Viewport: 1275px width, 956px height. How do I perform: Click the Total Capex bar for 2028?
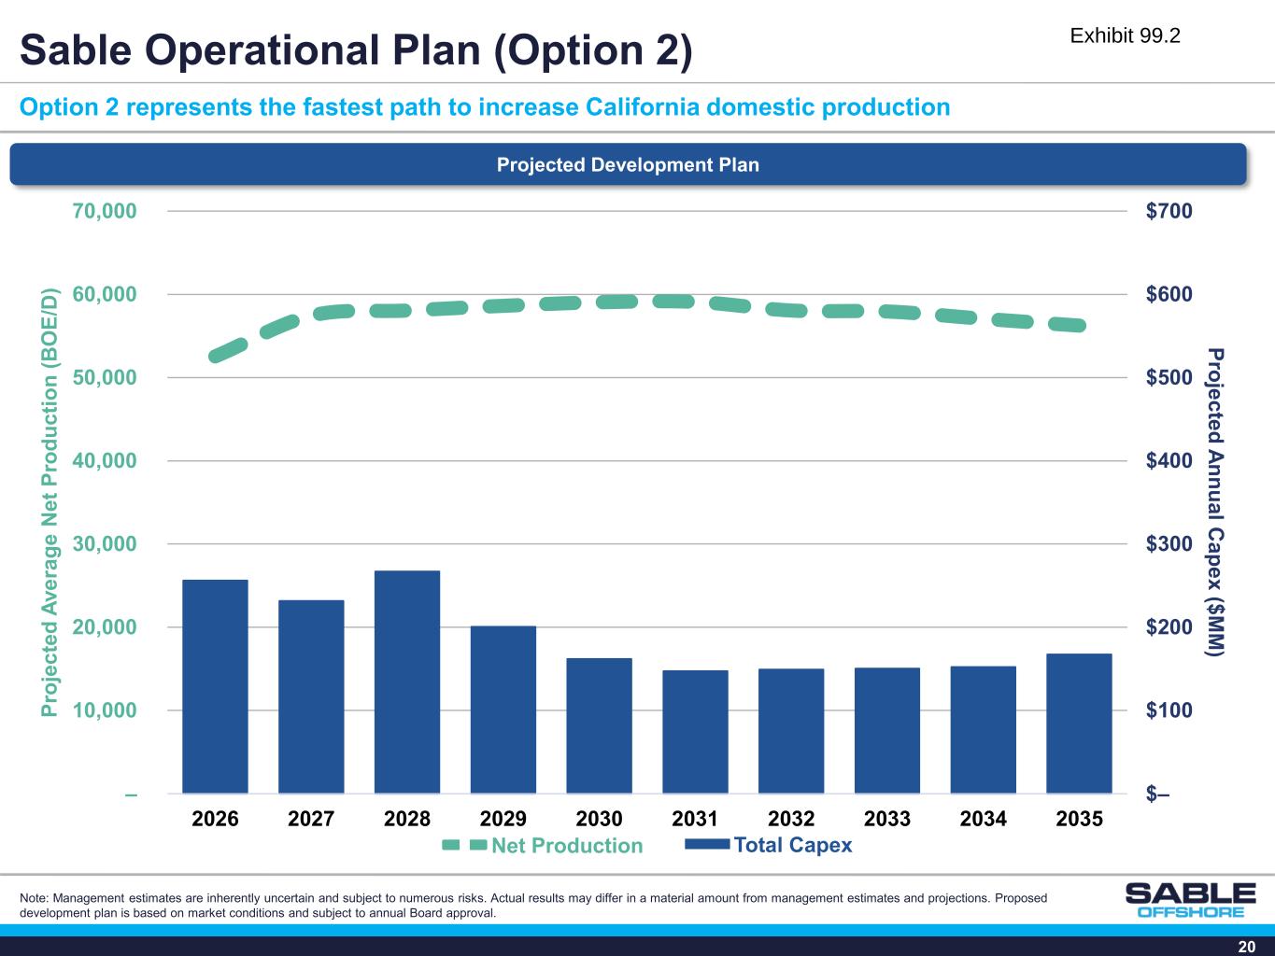point(407,682)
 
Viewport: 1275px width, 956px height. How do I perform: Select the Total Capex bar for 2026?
point(215,686)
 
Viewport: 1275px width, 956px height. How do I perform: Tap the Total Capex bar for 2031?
point(695,732)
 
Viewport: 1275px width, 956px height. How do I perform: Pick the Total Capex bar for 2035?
point(1079,724)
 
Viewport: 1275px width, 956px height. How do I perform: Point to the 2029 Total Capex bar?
point(503,710)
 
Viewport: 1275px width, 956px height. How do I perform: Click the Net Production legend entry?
point(543,846)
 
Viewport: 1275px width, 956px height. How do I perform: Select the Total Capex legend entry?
point(769,845)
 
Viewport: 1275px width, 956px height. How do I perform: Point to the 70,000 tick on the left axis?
point(104,211)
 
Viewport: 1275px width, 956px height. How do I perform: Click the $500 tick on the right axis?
point(1169,377)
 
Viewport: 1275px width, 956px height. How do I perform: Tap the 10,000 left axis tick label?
point(104,710)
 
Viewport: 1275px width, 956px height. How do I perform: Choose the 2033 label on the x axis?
point(887,819)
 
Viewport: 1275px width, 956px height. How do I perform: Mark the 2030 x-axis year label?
point(599,819)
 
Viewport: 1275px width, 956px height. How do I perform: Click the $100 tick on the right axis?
point(1169,710)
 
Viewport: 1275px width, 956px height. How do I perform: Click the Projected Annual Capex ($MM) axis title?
point(1214,502)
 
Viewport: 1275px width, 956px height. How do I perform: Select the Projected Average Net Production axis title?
point(51,502)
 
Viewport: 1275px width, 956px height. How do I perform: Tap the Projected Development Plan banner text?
point(628,165)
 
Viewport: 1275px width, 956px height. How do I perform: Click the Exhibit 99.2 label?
point(1125,35)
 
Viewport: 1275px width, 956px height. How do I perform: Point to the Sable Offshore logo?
point(1190,899)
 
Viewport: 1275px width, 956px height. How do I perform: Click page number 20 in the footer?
point(1246,946)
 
